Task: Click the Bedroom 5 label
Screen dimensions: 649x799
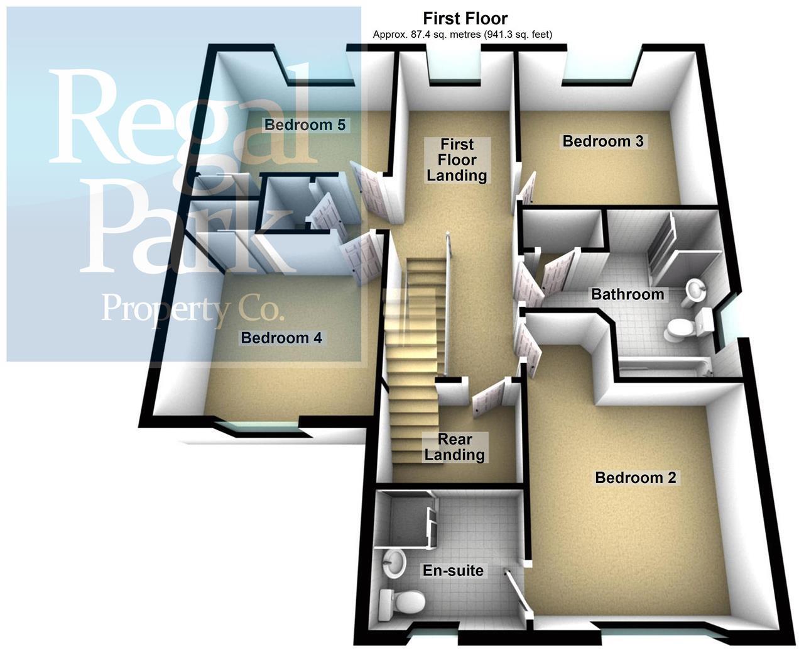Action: pyautogui.click(x=305, y=125)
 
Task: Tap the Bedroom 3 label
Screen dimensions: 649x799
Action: pyautogui.click(x=603, y=141)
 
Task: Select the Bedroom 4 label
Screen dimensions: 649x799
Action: pyautogui.click(x=281, y=338)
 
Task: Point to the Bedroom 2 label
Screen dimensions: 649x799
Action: pyautogui.click(x=635, y=477)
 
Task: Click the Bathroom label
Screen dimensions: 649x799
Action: pyautogui.click(x=627, y=294)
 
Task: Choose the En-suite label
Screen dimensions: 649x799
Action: pyautogui.click(x=453, y=570)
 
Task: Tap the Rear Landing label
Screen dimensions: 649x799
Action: pyautogui.click(x=454, y=447)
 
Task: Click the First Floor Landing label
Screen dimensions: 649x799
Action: pyautogui.click(x=457, y=160)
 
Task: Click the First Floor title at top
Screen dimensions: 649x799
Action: pyautogui.click(x=465, y=18)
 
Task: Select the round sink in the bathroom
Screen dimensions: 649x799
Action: pyautogui.click(x=693, y=291)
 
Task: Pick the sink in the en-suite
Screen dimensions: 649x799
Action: pyautogui.click(x=393, y=560)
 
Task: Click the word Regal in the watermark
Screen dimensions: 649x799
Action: pyautogui.click(x=182, y=119)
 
